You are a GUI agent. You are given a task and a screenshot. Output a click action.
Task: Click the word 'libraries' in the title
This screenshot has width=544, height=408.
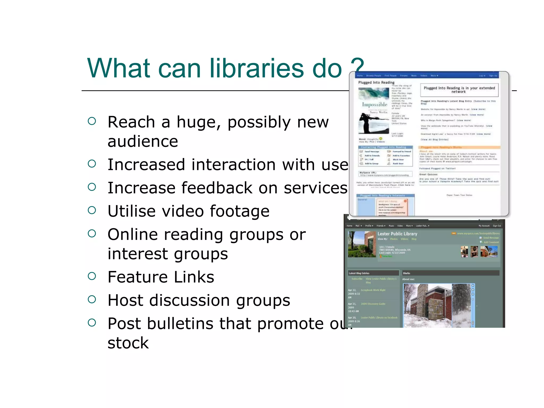[x=257, y=68]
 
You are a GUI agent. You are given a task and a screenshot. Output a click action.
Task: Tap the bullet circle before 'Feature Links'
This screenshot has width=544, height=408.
[x=92, y=276]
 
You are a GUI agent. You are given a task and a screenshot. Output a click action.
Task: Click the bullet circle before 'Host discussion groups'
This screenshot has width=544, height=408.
[x=92, y=300]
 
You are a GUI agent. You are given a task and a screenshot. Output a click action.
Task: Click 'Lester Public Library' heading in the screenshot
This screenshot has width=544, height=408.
[x=397, y=234]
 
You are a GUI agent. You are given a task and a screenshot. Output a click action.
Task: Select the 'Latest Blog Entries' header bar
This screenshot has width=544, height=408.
[x=373, y=273]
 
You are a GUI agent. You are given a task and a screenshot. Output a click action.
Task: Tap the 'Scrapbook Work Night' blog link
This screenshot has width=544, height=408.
[x=373, y=290]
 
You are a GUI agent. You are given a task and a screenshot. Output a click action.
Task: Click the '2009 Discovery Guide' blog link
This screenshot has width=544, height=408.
[x=373, y=304]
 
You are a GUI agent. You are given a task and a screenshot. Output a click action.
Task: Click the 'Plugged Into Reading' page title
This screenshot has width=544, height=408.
[x=376, y=83]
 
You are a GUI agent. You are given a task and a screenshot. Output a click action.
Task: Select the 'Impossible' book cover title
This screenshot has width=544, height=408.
[x=375, y=104]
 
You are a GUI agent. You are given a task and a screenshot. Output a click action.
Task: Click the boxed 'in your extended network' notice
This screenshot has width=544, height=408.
[x=459, y=90]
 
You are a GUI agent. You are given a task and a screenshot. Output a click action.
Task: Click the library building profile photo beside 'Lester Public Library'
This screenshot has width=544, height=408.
[x=362, y=244]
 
